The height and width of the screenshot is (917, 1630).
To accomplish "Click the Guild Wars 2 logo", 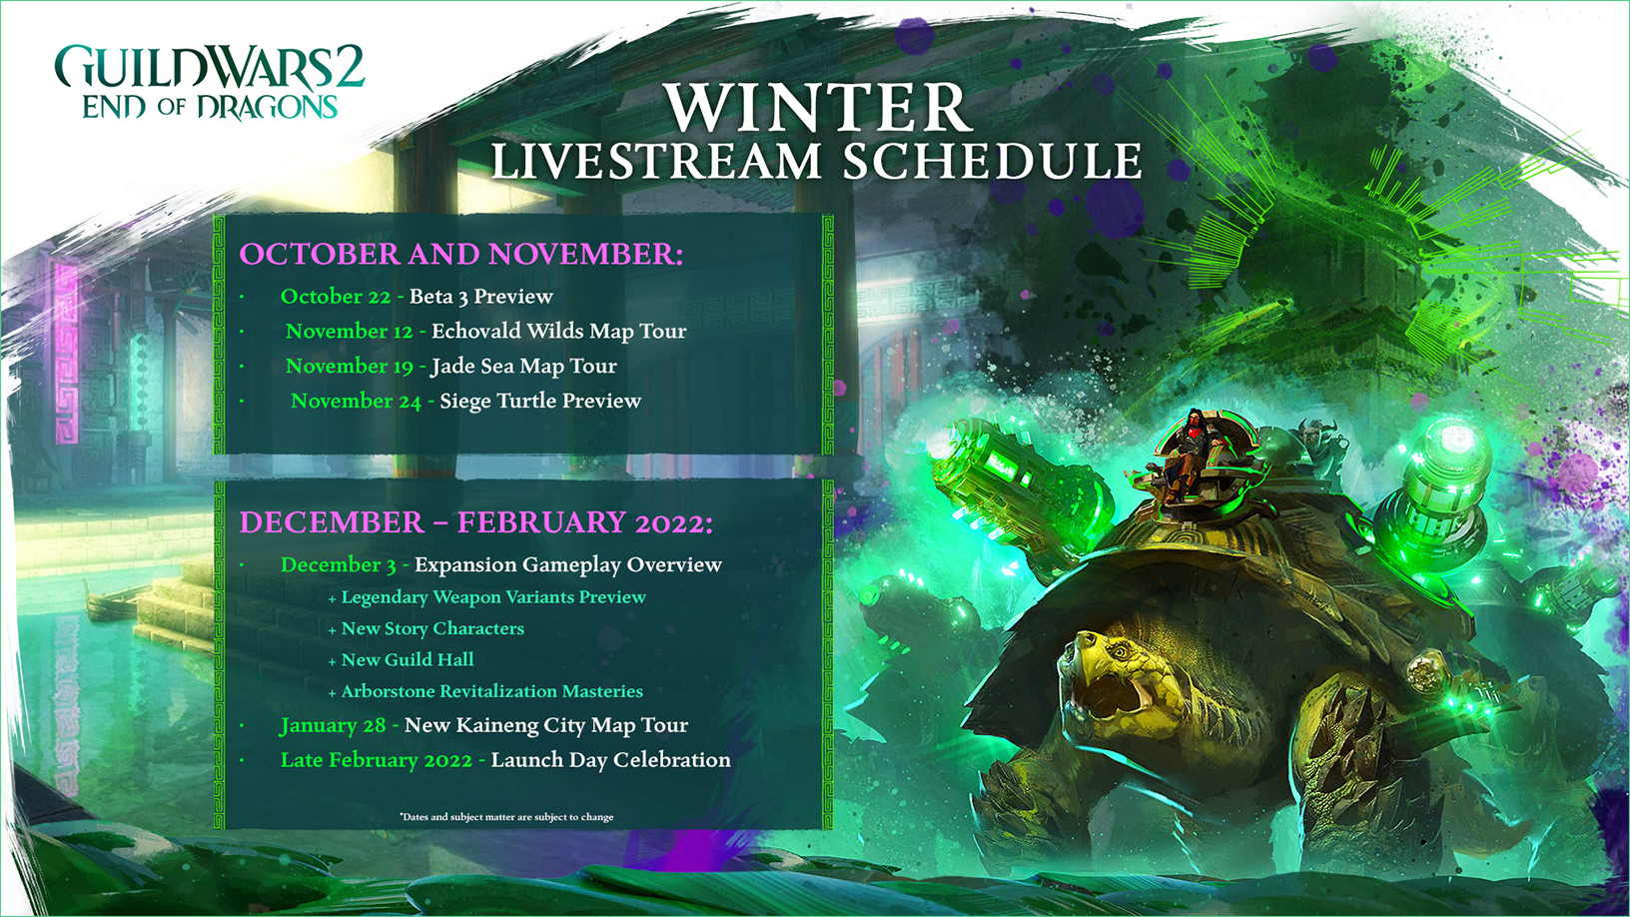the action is pyautogui.click(x=210, y=82).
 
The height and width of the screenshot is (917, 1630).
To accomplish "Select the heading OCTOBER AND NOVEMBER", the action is pyautogui.click(x=461, y=254).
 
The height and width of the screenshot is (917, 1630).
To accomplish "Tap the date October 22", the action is pyautogui.click(x=336, y=297).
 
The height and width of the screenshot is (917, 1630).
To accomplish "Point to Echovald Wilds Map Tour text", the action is pyautogui.click(x=559, y=332).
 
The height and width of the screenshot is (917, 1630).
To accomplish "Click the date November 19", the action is pyautogui.click(x=350, y=366).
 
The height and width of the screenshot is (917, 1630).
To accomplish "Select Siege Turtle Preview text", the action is pyautogui.click(x=540, y=401).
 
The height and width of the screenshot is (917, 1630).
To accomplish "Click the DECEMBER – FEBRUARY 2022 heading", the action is pyautogui.click(x=475, y=522).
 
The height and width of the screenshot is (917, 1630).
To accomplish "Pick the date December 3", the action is pyautogui.click(x=339, y=564).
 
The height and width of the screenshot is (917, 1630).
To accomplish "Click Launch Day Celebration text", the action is pyautogui.click(x=610, y=760).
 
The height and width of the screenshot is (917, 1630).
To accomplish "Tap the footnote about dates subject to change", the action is pyautogui.click(x=506, y=817).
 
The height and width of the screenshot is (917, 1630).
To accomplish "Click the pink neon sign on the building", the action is pyautogui.click(x=67, y=354).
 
